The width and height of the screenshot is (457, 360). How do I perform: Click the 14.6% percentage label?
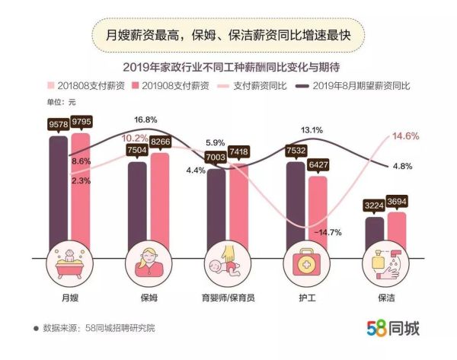(404, 136)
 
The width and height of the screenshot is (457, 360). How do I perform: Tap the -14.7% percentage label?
(329, 232)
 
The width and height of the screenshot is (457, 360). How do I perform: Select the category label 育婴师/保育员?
(226, 297)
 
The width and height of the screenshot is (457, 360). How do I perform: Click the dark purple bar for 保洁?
(374, 232)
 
